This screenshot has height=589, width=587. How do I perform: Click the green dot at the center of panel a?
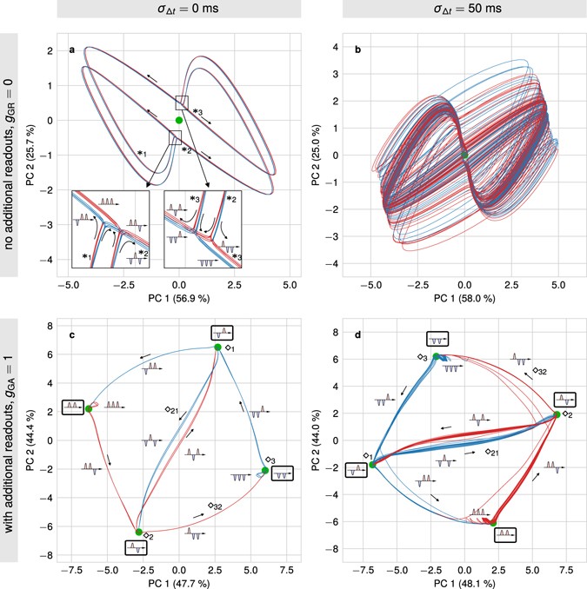(179, 120)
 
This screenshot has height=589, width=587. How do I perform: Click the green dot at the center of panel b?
(464, 155)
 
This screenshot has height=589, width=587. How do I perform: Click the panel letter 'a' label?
(73, 50)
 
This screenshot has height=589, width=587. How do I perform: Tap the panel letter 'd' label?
(359, 331)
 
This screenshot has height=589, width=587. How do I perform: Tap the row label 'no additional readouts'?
(10, 156)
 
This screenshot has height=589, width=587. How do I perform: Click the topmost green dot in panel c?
(218, 347)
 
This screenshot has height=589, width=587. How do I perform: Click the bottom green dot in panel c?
(138, 532)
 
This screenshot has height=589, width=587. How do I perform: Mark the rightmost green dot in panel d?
(557, 414)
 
